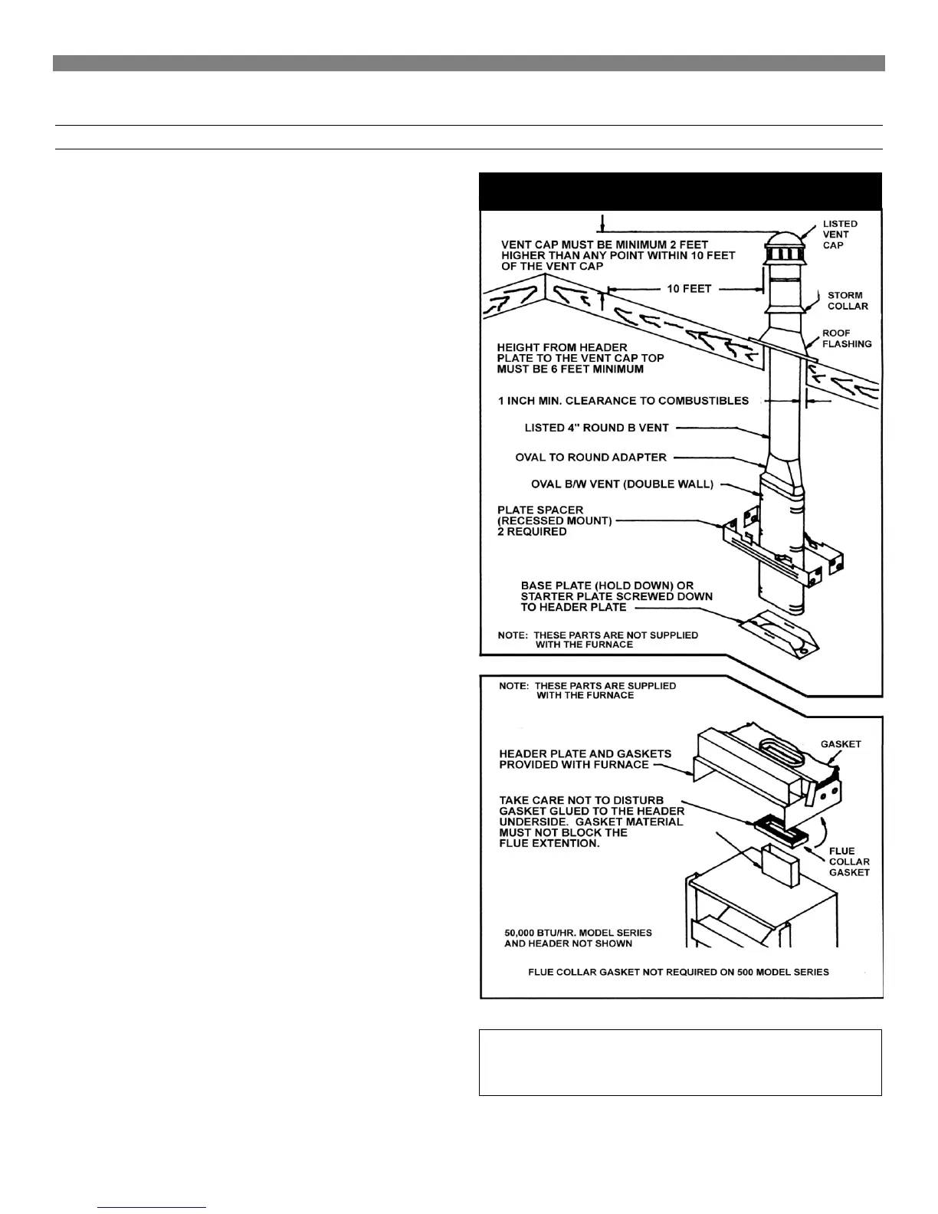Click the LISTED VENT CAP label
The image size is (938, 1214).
coord(840,235)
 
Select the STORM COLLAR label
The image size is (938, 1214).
coord(848,300)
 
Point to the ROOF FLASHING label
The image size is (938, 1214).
coord(847,339)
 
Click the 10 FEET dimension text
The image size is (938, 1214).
coord(689,289)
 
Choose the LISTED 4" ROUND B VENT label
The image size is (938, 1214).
coord(596,428)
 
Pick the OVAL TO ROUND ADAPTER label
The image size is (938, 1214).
coord(591,458)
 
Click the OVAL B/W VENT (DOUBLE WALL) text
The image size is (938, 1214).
coord(622,484)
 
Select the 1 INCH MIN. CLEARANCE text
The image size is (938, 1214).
coord(623,401)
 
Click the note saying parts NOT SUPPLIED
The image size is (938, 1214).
coord(598,640)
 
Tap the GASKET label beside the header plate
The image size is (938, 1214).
coord(841,744)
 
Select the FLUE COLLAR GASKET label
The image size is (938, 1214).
coord(849,861)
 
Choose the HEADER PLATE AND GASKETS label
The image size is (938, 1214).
coord(585,759)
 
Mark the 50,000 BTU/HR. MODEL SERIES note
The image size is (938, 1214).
coord(578,938)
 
